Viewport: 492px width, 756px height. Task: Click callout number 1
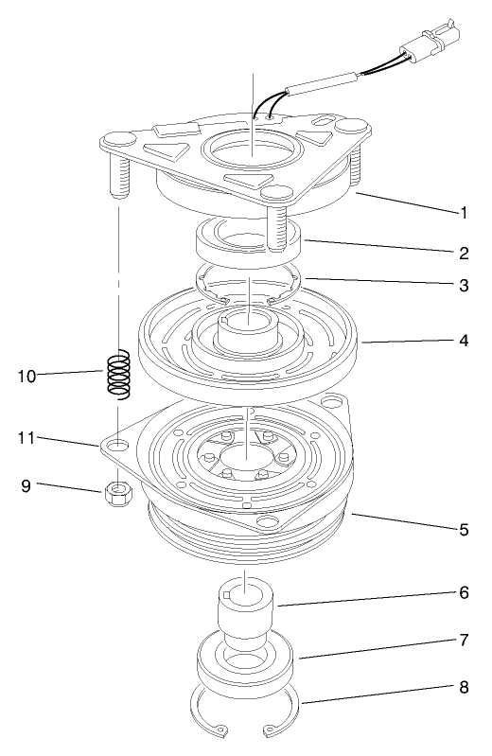(464, 214)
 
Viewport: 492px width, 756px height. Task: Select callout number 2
(464, 253)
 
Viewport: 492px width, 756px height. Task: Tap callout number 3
(464, 286)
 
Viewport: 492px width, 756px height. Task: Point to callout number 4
(464, 338)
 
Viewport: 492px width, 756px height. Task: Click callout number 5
(464, 529)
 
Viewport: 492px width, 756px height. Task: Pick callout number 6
(464, 593)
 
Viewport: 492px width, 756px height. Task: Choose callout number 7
(464, 640)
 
